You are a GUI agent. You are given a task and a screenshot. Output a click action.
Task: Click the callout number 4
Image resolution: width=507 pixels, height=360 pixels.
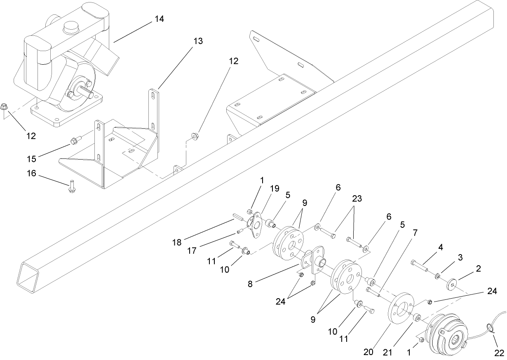(441, 248)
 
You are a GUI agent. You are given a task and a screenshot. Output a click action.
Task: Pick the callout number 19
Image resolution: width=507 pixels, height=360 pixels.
(275, 188)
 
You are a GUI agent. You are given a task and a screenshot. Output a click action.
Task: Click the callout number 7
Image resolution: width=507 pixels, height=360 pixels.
(415, 233)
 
